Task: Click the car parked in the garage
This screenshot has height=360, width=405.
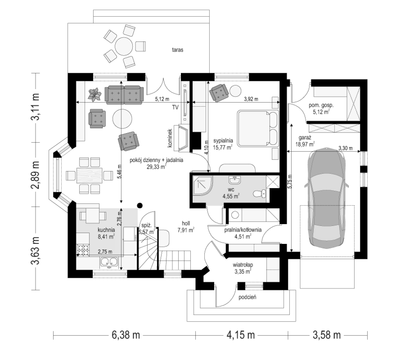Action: (x=327, y=198)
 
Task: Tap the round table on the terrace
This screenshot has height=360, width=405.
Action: (x=124, y=46)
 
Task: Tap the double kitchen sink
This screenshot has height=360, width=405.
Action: (x=109, y=262)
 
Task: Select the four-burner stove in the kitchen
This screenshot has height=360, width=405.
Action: (x=83, y=250)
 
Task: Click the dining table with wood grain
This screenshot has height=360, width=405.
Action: (x=89, y=175)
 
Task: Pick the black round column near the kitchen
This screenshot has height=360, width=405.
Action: (x=139, y=205)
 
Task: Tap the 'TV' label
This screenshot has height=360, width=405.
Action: (x=175, y=107)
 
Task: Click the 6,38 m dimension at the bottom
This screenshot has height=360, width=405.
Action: (x=126, y=335)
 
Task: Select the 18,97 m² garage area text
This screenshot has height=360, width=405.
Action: (x=305, y=144)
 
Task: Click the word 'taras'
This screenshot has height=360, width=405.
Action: (x=178, y=50)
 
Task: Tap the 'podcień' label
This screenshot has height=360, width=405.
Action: (x=247, y=297)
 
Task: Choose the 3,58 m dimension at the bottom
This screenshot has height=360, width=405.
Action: (x=327, y=335)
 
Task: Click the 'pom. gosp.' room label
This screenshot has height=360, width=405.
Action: (x=321, y=105)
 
